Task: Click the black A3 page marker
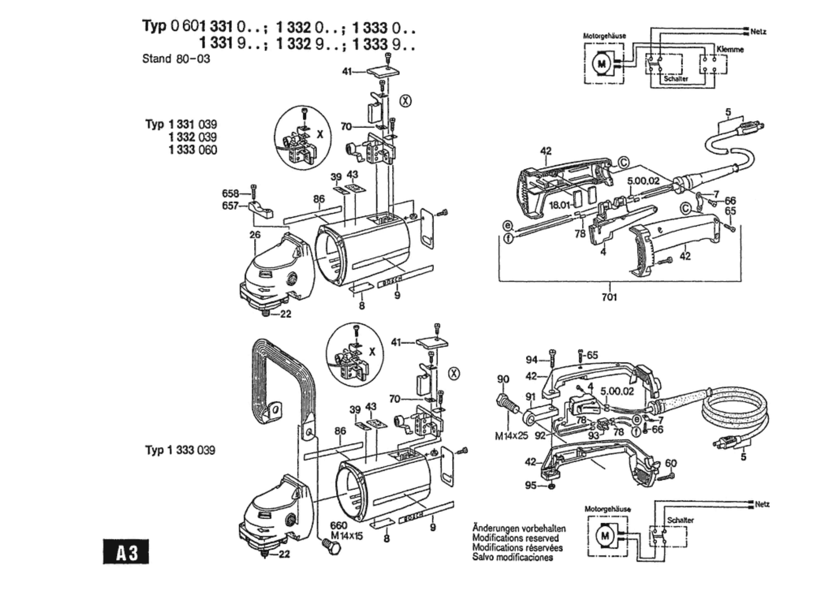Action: click(126, 552)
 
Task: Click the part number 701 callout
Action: click(609, 297)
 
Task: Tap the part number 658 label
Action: click(230, 194)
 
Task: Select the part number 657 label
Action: click(230, 206)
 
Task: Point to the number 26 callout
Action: click(255, 235)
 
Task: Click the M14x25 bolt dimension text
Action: click(511, 436)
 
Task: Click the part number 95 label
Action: click(531, 485)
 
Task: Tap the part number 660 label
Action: click(339, 526)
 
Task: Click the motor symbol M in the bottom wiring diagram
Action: click(605, 536)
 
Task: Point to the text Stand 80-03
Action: click(176, 59)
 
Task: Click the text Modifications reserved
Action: click(515, 538)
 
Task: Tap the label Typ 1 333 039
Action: click(180, 450)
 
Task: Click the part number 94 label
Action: click(531, 360)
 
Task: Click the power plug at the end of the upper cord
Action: click(751, 126)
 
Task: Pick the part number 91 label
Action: click(531, 397)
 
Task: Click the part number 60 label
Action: click(671, 463)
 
